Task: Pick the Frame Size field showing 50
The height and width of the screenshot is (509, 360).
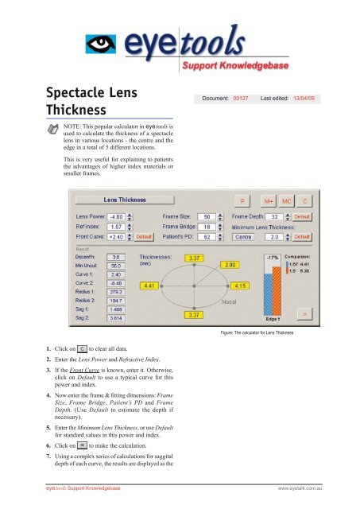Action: point(206,216)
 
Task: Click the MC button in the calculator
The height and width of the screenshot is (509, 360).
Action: point(286,200)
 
